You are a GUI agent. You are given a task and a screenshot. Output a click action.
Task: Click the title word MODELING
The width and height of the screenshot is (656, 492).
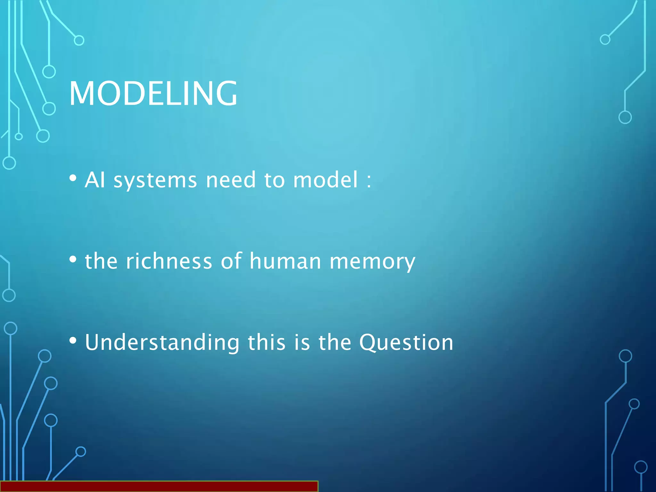coord(153,94)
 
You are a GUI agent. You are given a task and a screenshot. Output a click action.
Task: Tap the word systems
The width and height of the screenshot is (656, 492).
coord(155,180)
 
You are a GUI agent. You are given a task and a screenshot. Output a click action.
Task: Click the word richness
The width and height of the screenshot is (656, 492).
coord(169,261)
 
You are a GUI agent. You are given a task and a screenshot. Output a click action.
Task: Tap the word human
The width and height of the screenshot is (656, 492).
coord(285,261)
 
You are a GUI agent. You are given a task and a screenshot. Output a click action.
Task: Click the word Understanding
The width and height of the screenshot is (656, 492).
coord(162,342)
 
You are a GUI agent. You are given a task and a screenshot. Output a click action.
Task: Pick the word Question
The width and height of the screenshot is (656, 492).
coord(406,343)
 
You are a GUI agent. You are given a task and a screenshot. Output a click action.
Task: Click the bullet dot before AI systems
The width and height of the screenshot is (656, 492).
coord(73,178)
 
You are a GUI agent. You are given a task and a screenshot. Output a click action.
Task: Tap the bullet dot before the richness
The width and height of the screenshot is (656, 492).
coord(73,259)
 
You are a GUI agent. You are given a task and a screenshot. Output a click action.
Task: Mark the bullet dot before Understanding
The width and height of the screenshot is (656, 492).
coord(73,341)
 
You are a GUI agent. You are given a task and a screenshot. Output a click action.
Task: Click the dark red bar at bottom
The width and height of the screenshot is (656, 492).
coord(159,486)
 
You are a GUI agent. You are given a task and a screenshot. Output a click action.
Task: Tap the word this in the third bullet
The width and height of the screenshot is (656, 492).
coord(266,342)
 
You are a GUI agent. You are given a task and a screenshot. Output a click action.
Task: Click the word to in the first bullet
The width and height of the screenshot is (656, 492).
coord(275,180)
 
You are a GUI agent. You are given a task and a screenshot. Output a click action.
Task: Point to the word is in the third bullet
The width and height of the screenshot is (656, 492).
coord(302,342)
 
